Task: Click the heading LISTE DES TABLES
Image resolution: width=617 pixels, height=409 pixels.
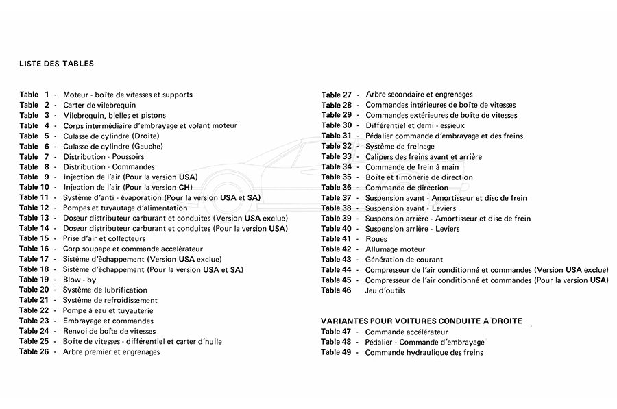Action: (57, 64)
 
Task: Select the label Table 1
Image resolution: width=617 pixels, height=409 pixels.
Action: (34, 95)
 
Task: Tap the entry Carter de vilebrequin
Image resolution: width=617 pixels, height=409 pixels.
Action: (99, 105)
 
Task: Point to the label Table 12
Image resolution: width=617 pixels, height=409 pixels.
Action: (34, 208)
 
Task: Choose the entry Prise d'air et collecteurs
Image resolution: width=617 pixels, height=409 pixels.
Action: (104, 238)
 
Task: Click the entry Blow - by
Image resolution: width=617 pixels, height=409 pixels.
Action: (80, 280)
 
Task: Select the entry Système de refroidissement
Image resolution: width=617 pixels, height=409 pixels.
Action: (110, 300)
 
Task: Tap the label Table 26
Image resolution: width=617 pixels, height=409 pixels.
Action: (34, 351)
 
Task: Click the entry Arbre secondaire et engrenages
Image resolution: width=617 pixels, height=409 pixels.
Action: (419, 95)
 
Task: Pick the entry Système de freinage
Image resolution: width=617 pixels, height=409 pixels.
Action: (400, 146)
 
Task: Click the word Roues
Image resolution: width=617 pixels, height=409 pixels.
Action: (376, 239)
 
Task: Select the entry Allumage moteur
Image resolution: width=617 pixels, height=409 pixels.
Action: (395, 249)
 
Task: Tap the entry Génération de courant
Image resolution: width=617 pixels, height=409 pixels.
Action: (404, 260)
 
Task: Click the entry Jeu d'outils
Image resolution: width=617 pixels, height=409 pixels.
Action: (385, 290)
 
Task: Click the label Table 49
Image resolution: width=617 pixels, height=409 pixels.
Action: (336, 352)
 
